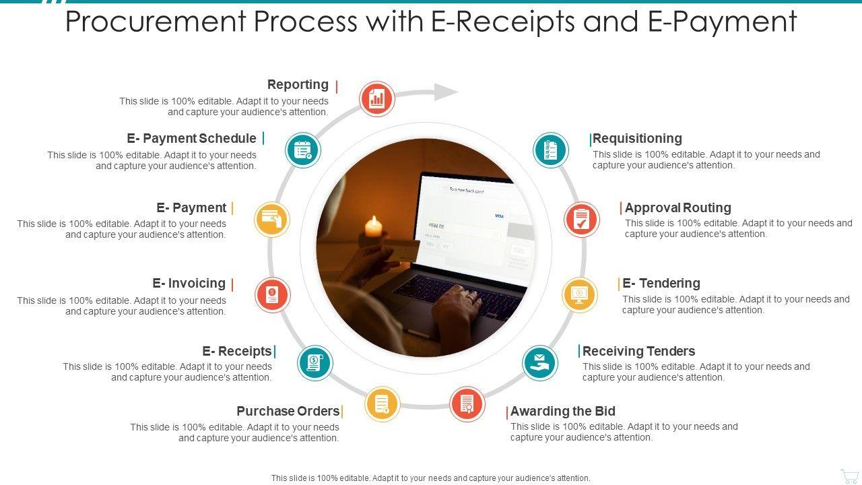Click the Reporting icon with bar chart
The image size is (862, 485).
[x=376, y=99]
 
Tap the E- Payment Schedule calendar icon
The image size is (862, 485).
[x=302, y=150]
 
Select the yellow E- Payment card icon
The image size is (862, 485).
[x=272, y=219]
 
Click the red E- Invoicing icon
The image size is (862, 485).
[x=273, y=294]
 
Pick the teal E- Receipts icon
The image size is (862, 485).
[x=314, y=363]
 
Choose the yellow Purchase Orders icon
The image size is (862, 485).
[x=382, y=404]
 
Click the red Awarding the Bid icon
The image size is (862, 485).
[x=467, y=403]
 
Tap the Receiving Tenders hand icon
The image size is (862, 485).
[x=540, y=362]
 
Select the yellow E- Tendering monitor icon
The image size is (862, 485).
[x=579, y=294]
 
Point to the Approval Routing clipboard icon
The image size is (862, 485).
[x=582, y=219]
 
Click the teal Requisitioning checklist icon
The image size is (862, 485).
[x=551, y=150]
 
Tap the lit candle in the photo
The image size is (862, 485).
[x=373, y=226]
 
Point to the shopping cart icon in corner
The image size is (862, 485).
[x=849, y=476]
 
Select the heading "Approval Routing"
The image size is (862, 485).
[x=677, y=207]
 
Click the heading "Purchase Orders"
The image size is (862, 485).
[x=288, y=411]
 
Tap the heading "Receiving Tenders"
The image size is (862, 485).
[x=638, y=351]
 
